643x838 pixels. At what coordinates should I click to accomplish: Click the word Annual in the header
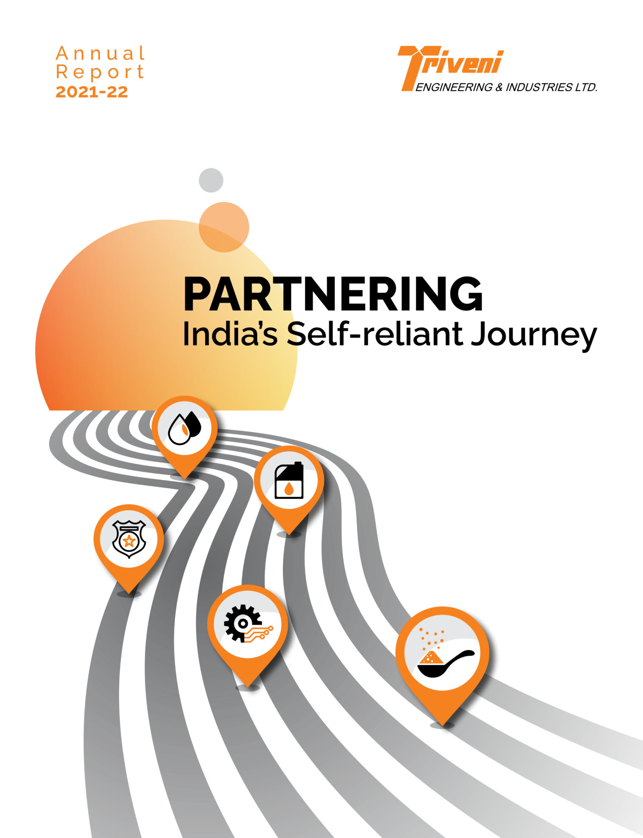coord(100,54)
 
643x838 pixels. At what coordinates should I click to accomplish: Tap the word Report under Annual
coord(100,72)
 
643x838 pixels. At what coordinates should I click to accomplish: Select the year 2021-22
coord(92,92)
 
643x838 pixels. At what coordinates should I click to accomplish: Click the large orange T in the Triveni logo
coord(412,68)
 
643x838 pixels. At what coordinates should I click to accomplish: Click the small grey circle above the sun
coord(211,180)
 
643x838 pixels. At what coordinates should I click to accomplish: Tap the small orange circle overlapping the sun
coord(224,227)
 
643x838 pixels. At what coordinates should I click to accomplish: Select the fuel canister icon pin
coord(289,481)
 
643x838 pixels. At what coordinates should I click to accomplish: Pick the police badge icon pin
coord(129,539)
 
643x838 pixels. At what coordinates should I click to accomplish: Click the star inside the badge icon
coord(128,541)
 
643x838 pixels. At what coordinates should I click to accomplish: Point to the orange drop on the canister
coord(289,489)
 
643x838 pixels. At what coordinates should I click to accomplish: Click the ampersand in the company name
coord(499,87)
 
